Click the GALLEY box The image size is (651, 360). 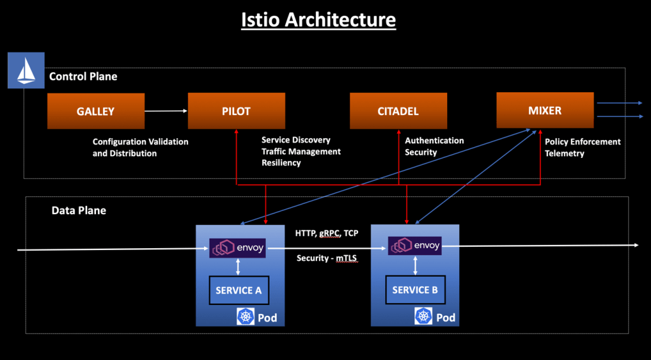tap(96, 111)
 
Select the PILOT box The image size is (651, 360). tap(236, 111)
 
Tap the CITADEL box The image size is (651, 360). tap(398, 111)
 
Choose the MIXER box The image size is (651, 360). tap(545, 111)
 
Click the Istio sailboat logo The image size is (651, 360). tap(26, 70)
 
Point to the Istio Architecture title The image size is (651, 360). tap(318, 20)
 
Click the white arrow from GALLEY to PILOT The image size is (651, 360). tap(166, 111)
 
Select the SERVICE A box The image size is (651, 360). tap(239, 291)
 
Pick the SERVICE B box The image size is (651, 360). tap(415, 290)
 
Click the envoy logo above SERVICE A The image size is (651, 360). tap(237, 248)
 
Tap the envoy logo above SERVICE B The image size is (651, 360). tap(415, 246)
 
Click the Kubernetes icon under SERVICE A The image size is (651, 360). tap(246, 317)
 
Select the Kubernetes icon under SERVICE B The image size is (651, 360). tap(423, 316)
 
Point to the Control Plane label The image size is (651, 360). tap(83, 76)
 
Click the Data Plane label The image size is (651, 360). tap(79, 210)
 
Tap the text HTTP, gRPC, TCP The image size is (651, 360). tap(326, 233)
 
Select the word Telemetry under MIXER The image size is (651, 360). tap(564, 153)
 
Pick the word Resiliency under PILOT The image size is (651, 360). tap(281, 163)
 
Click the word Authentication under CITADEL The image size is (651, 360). tap(434, 141)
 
